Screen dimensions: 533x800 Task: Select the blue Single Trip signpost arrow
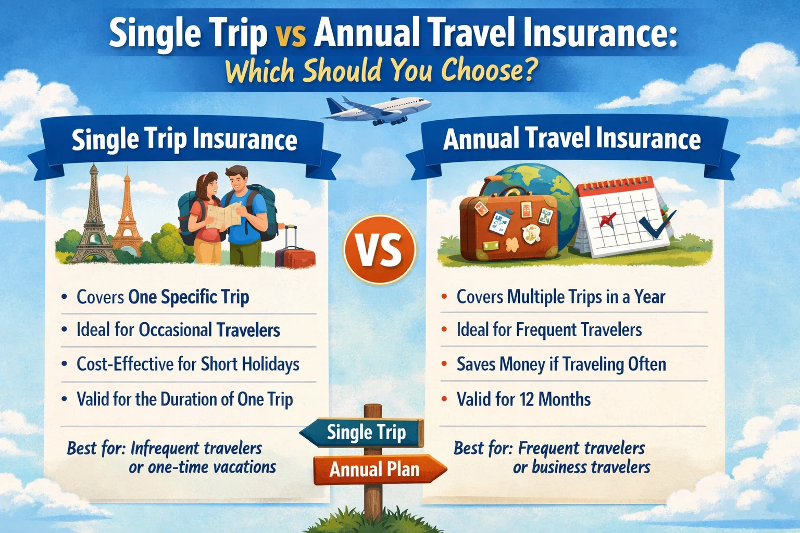365,433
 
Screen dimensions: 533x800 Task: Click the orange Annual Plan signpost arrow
378,469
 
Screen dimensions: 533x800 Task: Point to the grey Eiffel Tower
93,219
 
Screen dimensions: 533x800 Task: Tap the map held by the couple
224,214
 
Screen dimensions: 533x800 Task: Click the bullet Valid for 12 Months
523,399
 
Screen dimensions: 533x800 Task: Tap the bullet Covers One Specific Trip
162,297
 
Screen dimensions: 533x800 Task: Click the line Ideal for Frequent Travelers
548,329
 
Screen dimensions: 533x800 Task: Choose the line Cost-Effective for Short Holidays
187,364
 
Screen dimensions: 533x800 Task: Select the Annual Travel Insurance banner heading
571,139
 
